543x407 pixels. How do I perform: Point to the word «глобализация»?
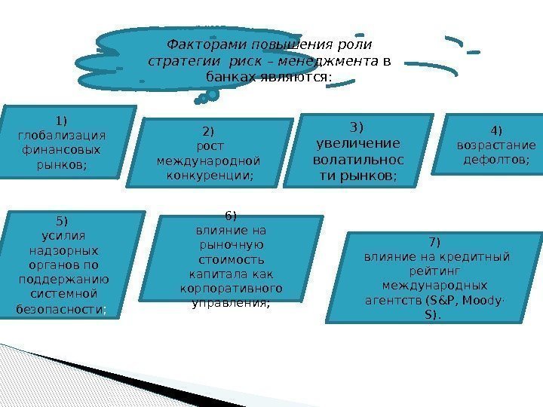click(x=61, y=135)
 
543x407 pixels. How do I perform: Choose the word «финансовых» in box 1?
click(x=61, y=149)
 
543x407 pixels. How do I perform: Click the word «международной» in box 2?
click(x=208, y=161)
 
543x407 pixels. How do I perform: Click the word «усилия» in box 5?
click(x=61, y=234)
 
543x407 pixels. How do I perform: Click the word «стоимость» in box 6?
click(x=231, y=259)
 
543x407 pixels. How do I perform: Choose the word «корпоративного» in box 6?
click(x=231, y=289)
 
